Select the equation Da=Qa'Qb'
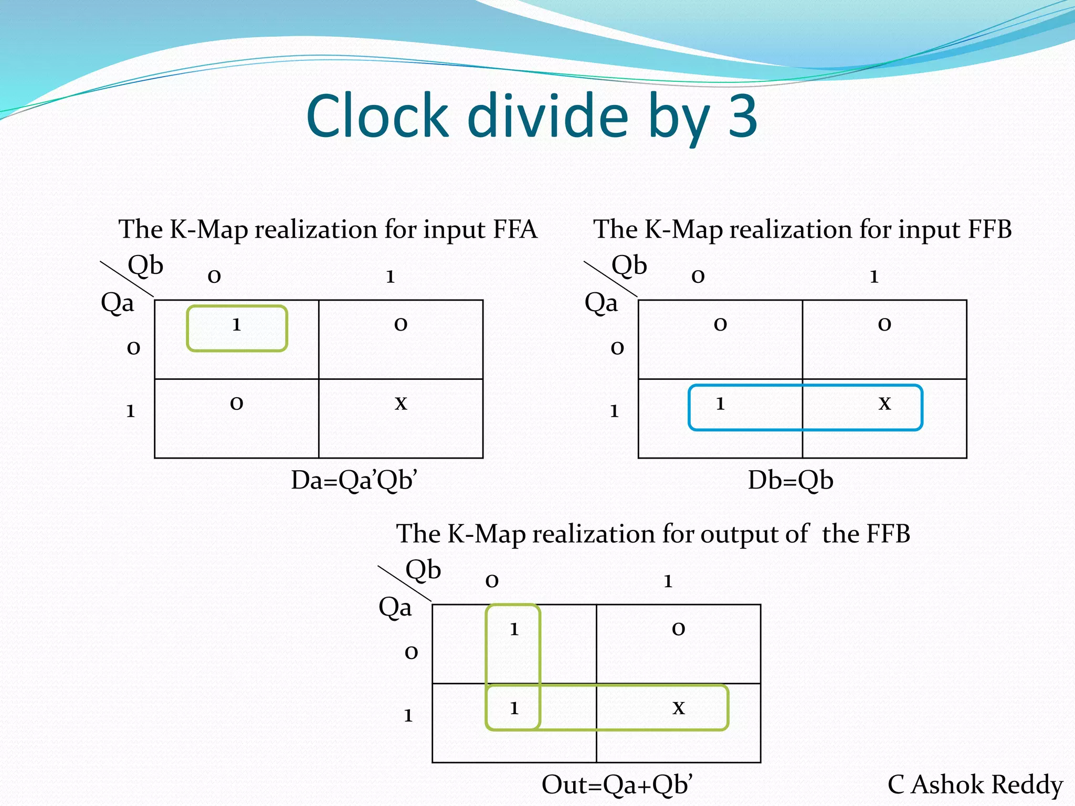(x=354, y=480)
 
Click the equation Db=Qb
(x=791, y=480)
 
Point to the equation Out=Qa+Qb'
(x=617, y=785)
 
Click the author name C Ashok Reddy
(x=975, y=785)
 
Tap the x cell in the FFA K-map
(x=401, y=403)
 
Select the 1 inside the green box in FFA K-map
(x=237, y=324)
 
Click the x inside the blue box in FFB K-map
(x=885, y=403)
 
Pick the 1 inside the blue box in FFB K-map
(x=720, y=403)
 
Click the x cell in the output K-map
(x=679, y=708)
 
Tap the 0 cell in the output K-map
(x=679, y=629)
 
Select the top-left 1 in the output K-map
(x=514, y=629)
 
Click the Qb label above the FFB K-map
(x=629, y=265)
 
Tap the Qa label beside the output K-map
(x=395, y=608)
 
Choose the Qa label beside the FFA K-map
(x=117, y=303)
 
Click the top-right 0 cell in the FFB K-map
(x=884, y=324)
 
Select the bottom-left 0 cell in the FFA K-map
(x=237, y=403)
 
